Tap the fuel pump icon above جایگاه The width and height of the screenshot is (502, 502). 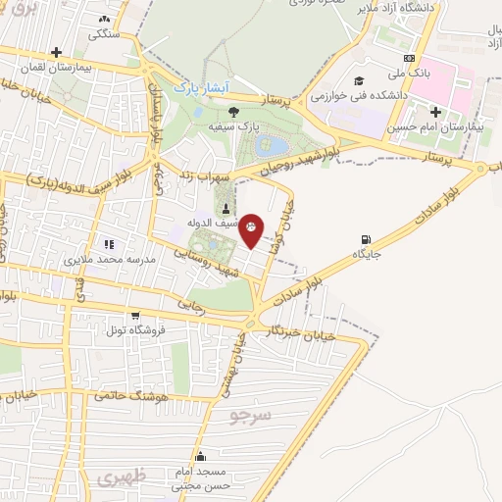click(x=367, y=238)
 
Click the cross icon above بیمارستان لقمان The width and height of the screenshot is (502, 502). click(x=57, y=52)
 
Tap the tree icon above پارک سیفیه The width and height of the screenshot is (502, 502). click(x=232, y=111)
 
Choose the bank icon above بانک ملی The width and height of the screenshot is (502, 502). click(x=409, y=56)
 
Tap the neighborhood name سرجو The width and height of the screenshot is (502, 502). click(x=249, y=416)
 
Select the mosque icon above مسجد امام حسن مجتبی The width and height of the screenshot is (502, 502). click(x=201, y=455)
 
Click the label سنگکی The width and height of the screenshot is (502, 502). click(x=106, y=33)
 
